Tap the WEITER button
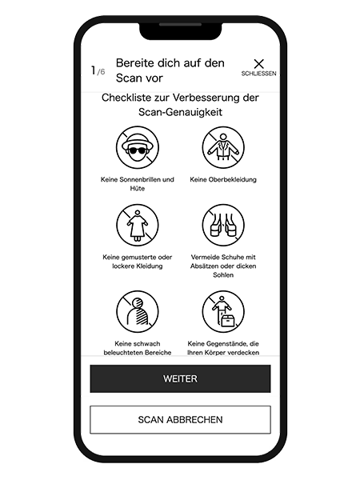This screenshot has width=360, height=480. coord(180,378)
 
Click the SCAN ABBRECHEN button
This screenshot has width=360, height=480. coord(180,419)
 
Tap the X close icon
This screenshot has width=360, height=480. coord(258,64)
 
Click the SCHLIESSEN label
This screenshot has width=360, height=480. coord(258,74)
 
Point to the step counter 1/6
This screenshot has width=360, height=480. coord(98,70)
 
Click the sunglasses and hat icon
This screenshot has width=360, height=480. coord(138,147)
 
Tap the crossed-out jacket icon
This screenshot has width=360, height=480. coord(223,147)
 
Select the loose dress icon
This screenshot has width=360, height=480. coord(138,225)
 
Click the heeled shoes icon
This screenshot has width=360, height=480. coord(223,225)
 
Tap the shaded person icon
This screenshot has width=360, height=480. coord(138,312)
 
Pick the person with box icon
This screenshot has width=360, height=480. coord(223,312)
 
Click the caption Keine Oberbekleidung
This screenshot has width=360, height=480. coord(223,179)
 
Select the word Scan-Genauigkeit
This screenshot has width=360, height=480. coord(180,112)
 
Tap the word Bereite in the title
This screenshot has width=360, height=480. coord(135,63)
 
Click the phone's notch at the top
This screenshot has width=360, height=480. coord(180,30)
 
